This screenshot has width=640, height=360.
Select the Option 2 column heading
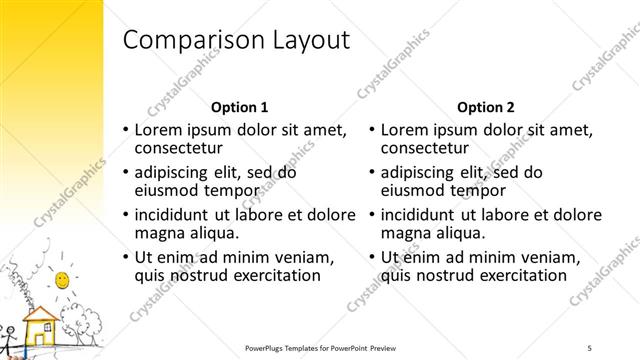tap(485, 107)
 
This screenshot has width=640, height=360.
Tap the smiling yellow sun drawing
tap(62, 278)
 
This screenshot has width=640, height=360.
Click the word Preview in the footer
tap(395, 348)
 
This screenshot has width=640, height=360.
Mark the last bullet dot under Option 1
tap(126, 258)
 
